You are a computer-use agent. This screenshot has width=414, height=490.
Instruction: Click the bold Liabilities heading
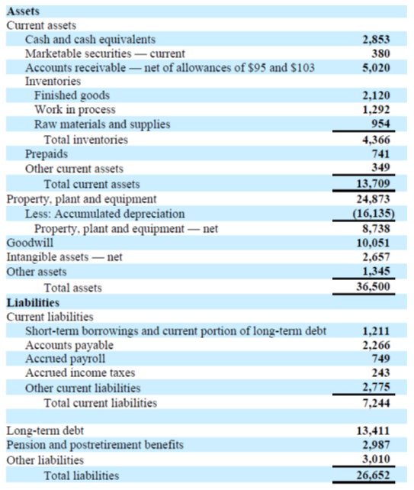pyautogui.click(x=33, y=302)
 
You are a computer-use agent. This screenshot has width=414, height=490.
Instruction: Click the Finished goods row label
pyautogui.click(x=72, y=96)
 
